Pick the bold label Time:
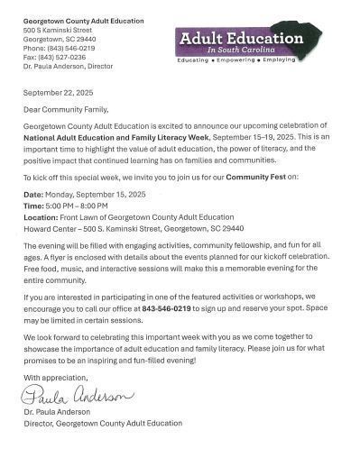click(33, 205)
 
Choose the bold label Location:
click(41, 215)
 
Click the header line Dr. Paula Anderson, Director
click(68, 66)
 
